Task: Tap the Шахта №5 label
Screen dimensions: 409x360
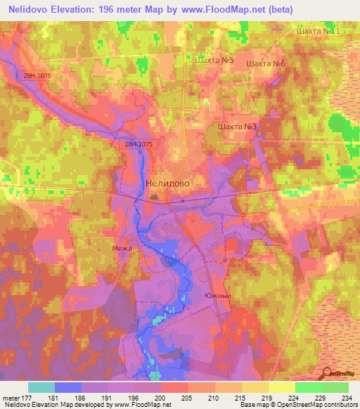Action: [x=214, y=61]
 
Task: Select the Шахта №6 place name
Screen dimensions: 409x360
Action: [x=266, y=64]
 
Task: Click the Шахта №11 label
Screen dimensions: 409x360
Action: [x=319, y=32]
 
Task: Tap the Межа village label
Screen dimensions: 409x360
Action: [x=122, y=248]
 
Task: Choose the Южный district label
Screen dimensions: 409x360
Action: [x=217, y=296]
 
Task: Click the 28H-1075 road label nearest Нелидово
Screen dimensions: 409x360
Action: [x=139, y=144]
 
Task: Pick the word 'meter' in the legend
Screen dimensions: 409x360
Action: [x=11, y=398]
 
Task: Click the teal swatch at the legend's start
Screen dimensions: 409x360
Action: [x=41, y=387]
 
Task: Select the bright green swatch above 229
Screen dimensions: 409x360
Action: [x=308, y=387]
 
